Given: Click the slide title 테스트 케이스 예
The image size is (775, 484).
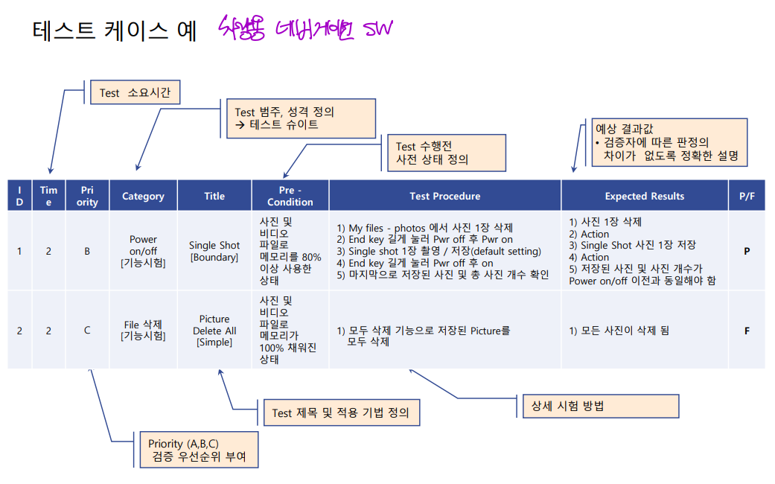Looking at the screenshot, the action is pos(115,31).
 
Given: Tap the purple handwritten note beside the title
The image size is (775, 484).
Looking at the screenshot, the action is pos(305,31).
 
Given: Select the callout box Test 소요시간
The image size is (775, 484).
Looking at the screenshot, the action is pos(135,93).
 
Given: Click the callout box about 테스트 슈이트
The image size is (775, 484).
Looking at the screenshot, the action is pos(300,118).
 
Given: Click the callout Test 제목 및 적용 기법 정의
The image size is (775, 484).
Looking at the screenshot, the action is pos(340,413).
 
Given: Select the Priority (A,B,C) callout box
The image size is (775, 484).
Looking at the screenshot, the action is pos(198,450).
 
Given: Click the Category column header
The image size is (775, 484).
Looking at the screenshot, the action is pos(143,196).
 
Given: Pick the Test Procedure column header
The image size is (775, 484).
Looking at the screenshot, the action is pos(444,196).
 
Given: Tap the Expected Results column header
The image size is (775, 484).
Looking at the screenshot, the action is pos(644,196).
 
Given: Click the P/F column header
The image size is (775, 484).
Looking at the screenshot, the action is pos(746,196).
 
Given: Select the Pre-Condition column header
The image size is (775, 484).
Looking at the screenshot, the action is pos(290,196).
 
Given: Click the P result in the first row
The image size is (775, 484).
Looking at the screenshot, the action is pos(746,251).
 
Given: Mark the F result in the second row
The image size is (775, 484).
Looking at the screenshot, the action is pos(746,331).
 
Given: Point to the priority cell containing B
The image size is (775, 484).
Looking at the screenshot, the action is pos(87,251).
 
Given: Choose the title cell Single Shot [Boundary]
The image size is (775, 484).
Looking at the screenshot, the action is pos(214,251).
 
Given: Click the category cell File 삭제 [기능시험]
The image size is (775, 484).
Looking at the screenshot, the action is pos(143,330).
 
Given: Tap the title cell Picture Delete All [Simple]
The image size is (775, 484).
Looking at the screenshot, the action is pos(214,331).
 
